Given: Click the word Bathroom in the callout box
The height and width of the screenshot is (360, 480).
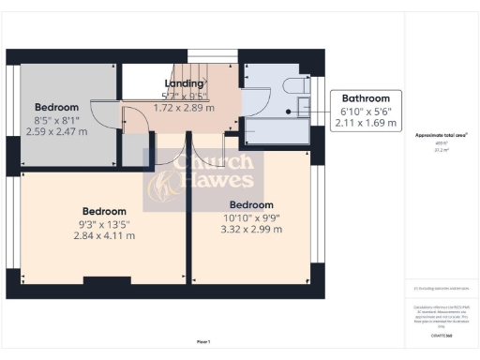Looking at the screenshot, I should point(367,97).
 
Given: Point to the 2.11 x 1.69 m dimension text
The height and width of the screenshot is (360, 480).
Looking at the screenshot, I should point(367,121).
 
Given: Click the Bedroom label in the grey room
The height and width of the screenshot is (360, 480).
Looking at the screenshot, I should point(57,107).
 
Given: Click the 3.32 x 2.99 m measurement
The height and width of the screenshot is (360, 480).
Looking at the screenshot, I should point(250,229).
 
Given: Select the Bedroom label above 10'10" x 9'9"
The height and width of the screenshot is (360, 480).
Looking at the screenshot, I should point(250,204).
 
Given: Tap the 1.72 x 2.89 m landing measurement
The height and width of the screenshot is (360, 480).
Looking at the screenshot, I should point(185,107).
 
